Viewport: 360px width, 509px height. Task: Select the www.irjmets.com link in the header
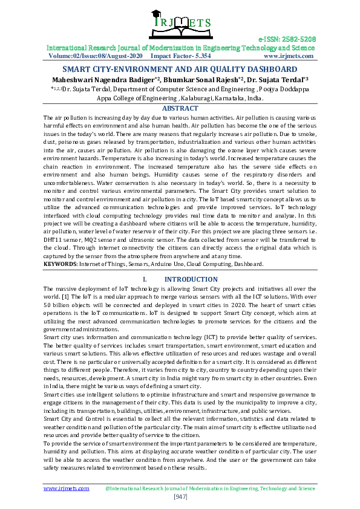point(289,56)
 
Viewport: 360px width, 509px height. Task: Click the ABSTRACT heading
point(180,108)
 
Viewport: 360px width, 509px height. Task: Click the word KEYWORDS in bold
point(59,264)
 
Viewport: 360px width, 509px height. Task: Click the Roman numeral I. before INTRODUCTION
point(145,279)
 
